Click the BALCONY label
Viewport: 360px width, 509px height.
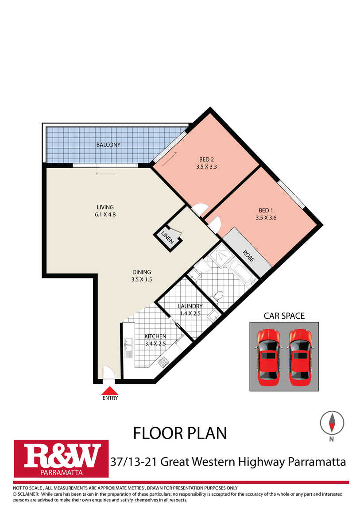108,145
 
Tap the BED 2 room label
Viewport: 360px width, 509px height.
206,159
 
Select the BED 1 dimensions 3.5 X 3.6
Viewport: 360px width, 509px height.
266,218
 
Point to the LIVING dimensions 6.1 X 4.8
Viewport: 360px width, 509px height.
105,215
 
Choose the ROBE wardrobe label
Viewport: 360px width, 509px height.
249,256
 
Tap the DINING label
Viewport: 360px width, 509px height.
142,272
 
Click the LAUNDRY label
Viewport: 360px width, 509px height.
190,306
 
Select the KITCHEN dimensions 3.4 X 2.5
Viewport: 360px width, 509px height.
155,343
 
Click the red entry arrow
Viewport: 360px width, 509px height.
110,390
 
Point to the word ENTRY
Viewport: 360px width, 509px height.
110,398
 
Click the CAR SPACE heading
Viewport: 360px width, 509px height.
284,316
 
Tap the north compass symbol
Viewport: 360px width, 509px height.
332,423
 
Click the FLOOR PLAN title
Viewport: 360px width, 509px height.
180,433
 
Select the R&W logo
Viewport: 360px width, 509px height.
61,459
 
